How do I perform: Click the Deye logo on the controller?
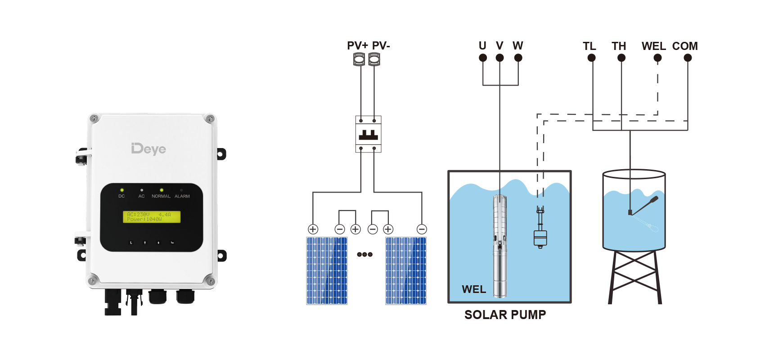pyautogui.click(x=148, y=148)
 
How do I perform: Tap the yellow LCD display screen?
pyautogui.click(x=152, y=217)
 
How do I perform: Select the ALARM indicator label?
pyautogui.click(x=182, y=196)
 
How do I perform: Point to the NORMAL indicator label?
pyautogui.click(x=161, y=196)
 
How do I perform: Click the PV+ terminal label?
pyautogui.click(x=357, y=46)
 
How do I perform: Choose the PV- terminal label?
pyautogui.click(x=381, y=46)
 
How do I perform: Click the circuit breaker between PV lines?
pyautogui.click(x=368, y=134)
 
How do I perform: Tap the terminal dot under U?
pyautogui.click(x=483, y=58)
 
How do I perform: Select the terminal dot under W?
pyautogui.click(x=518, y=58)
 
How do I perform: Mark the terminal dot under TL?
pyautogui.click(x=591, y=58)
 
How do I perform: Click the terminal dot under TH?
pyautogui.click(x=621, y=58)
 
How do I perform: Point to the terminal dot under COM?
pyautogui.click(x=688, y=58)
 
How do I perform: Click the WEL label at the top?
pyautogui.click(x=653, y=46)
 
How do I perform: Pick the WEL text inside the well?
pyautogui.click(x=474, y=289)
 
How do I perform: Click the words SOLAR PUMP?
pyautogui.click(x=505, y=315)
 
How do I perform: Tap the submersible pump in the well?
pyautogui.click(x=500, y=245)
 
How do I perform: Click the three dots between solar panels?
pyautogui.click(x=364, y=254)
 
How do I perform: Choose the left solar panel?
pyautogui.click(x=327, y=270)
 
